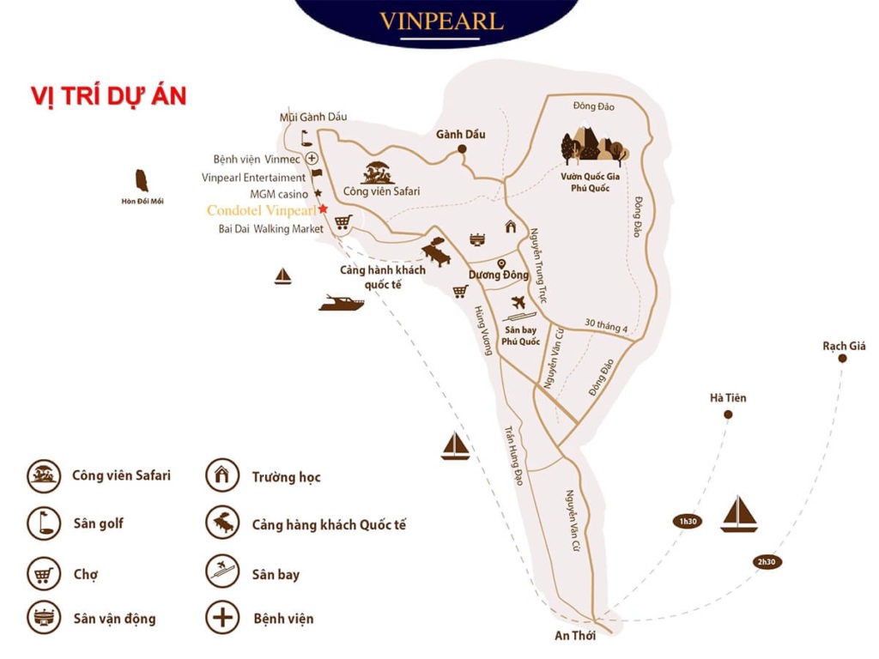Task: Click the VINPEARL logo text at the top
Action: coord(441,21)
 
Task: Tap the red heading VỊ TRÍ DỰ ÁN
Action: coord(108,96)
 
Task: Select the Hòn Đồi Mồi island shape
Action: coord(142,181)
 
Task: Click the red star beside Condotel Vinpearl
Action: coord(323,209)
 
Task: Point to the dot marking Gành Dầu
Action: coord(461,149)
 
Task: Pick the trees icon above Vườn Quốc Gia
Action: coord(594,146)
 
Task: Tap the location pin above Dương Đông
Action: coord(501,263)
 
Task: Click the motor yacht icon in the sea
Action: coord(341,303)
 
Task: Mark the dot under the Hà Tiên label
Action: coord(728,414)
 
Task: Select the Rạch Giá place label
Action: coord(844,346)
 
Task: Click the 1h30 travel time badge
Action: coord(686,522)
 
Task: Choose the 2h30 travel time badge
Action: coord(766,562)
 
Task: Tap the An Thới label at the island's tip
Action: coord(575,636)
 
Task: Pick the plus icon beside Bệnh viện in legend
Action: coord(221,618)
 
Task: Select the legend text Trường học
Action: coord(286,477)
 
